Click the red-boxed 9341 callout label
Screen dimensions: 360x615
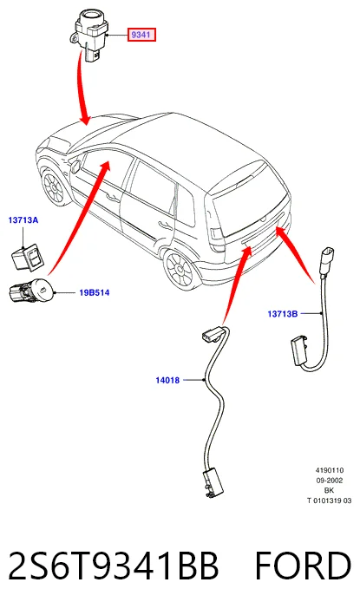point(141,35)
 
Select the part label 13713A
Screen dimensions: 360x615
point(23,220)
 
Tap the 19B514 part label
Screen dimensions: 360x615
point(94,292)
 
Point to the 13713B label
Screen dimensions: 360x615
point(282,314)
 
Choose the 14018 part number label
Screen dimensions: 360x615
point(167,380)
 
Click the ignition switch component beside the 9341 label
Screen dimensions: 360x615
point(90,34)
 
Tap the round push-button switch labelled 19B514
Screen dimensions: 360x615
point(31,291)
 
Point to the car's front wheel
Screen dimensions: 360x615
point(53,186)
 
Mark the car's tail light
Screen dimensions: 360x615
point(217,238)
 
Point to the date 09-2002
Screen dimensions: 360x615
point(330,481)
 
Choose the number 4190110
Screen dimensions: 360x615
point(330,470)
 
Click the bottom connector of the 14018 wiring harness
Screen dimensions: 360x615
point(213,485)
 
